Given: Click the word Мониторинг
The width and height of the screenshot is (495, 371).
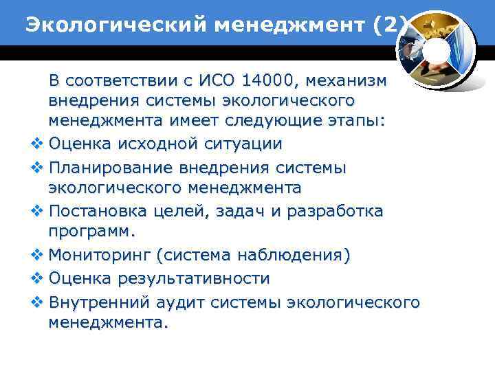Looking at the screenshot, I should (100, 256).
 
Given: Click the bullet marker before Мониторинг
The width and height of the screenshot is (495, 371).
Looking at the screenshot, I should (37, 256).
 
